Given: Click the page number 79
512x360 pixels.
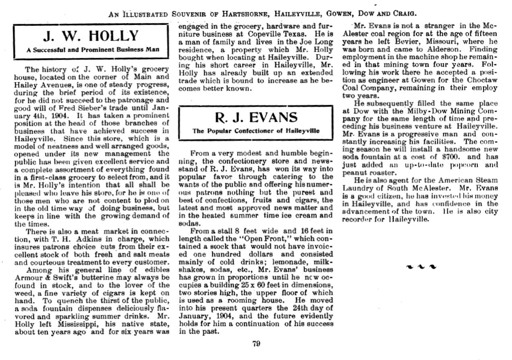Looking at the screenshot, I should point(256,343).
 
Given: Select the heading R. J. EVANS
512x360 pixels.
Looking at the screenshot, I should point(256,118).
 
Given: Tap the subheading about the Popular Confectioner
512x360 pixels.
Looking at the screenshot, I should point(256,131).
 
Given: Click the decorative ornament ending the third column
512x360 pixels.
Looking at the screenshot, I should point(421,267).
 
